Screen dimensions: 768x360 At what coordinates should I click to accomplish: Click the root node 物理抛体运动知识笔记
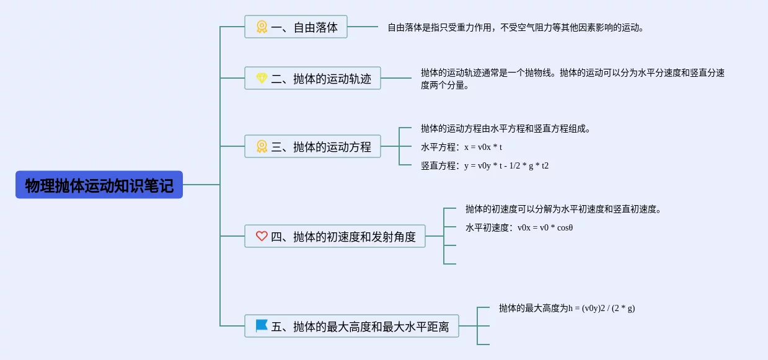coord(99,185)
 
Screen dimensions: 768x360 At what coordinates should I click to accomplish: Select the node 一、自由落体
coord(296,27)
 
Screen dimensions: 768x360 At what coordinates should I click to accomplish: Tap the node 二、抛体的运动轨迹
coord(312,78)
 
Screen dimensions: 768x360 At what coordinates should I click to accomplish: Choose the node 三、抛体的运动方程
coord(312,146)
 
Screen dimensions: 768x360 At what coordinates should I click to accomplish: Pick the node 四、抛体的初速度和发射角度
coord(335,236)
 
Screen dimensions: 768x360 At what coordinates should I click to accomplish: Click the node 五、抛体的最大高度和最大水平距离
coord(352,326)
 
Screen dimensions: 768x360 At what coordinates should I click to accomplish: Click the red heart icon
coord(262,236)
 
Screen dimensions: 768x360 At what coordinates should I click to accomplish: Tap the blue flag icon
coord(262,326)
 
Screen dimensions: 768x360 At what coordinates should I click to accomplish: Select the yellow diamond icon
coord(262,78)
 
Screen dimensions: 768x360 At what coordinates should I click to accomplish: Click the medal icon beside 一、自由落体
coord(262,27)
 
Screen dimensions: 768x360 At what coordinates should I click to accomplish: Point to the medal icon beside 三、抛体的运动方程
coord(262,146)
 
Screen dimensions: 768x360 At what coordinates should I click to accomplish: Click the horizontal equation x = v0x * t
coord(483,147)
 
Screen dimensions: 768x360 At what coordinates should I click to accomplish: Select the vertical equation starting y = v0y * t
coord(506,166)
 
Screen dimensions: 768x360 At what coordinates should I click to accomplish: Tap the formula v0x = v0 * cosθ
coord(545,227)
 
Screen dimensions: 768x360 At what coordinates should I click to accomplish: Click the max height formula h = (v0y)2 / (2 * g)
coord(602,308)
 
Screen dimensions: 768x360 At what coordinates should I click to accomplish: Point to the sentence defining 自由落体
coord(516,27)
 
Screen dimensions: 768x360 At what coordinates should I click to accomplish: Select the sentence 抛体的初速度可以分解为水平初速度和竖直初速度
coord(563,209)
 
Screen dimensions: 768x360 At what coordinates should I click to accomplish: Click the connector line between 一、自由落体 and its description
coord(363,27)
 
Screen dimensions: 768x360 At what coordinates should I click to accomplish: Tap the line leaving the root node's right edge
coord(201,185)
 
